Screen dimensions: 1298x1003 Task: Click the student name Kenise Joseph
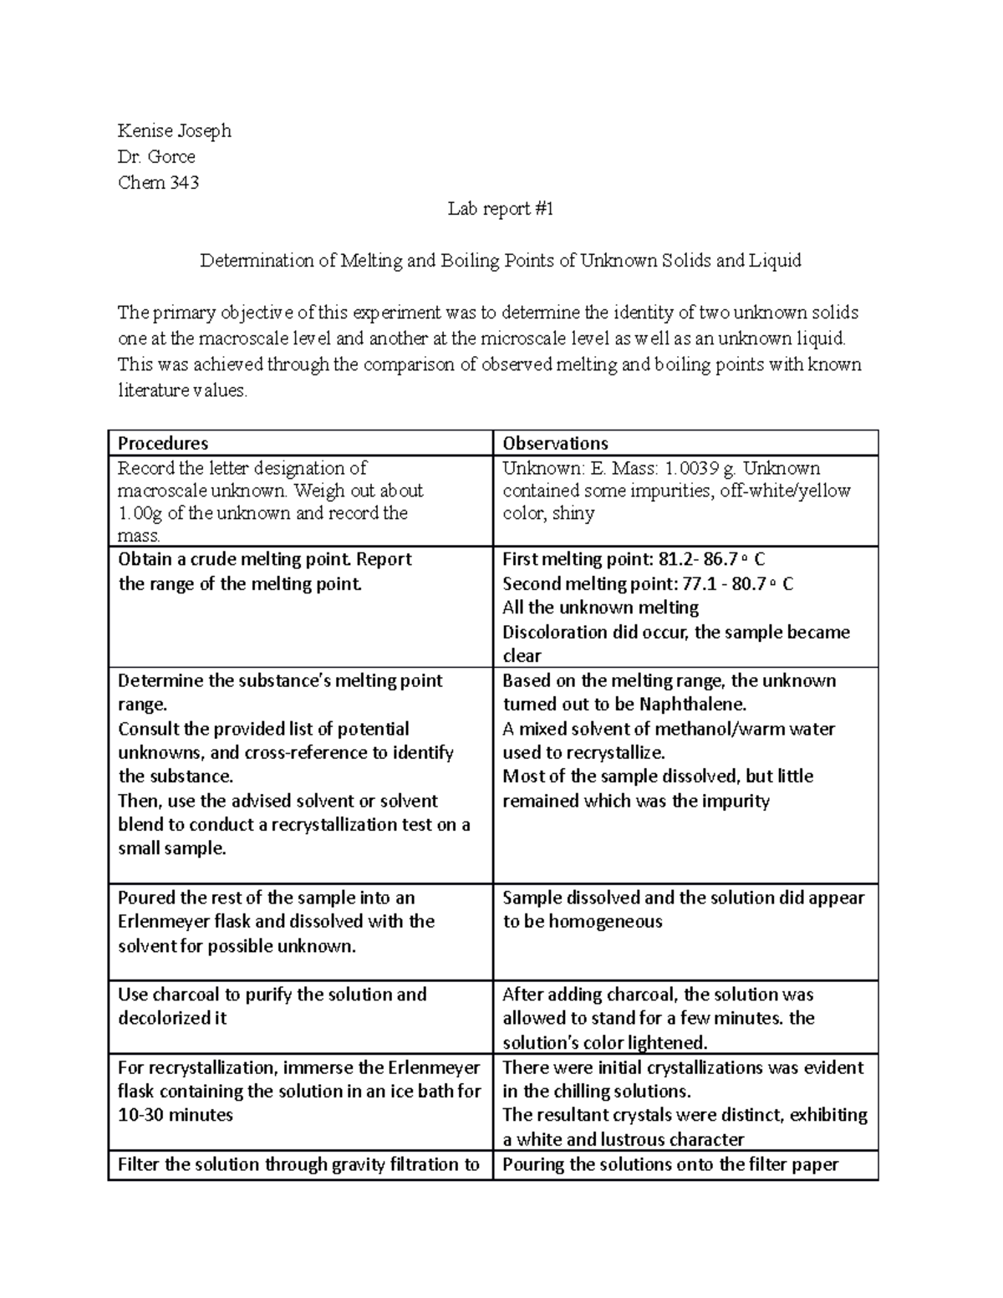click(x=174, y=130)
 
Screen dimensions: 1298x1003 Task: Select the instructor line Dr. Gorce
click(x=156, y=156)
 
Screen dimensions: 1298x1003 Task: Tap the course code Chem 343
click(x=158, y=182)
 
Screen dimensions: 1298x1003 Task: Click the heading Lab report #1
click(x=500, y=209)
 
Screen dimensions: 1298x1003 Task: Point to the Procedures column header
click(x=163, y=443)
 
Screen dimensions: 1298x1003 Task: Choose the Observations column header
click(x=555, y=443)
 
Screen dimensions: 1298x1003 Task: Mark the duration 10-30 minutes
click(x=176, y=1115)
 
